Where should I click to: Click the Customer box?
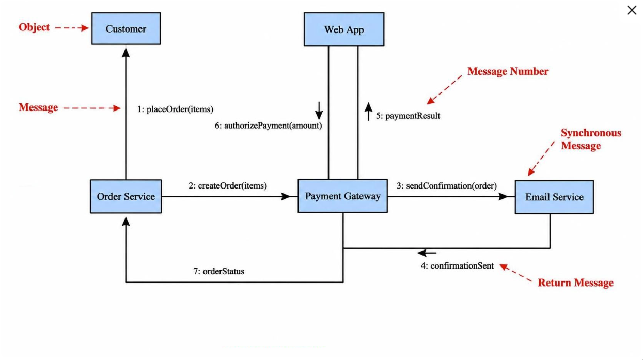tap(126, 28)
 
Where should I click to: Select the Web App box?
tap(344, 29)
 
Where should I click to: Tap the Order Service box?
tap(126, 196)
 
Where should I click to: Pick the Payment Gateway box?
tap(342, 196)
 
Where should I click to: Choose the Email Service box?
tap(554, 197)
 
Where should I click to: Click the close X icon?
tap(632, 10)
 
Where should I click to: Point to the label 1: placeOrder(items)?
tap(175, 109)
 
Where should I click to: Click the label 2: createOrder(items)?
tap(228, 186)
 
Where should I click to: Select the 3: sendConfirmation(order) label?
tap(447, 186)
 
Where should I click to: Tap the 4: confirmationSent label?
tap(457, 266)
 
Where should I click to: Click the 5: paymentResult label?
tap(408, 116)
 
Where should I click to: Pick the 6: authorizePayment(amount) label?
tap(269, 126)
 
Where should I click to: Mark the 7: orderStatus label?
tap(219, 271)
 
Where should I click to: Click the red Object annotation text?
tap(34, 27)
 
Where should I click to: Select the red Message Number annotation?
tap(508, 71)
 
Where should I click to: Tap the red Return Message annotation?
tap(575, 283)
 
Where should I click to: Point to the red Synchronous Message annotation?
tap(591, 139)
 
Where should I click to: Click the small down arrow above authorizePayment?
tap(319, 111)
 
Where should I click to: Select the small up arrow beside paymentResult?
tap(369, 112)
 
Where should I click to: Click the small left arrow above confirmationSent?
tap(427, 253)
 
